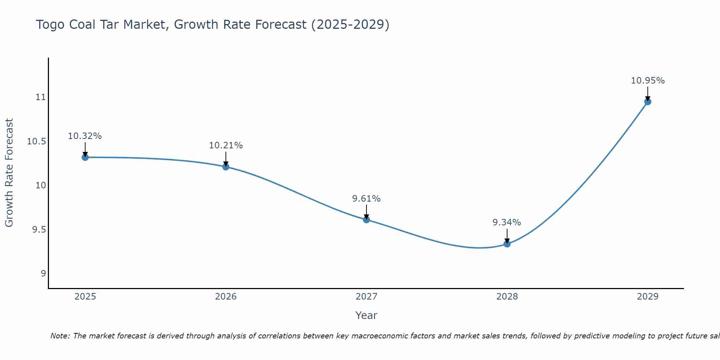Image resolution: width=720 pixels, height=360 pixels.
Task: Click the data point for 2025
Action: point(85,157)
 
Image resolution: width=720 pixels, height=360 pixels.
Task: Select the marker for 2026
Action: point(226,167)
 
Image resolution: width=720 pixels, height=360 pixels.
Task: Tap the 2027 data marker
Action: point(366,220)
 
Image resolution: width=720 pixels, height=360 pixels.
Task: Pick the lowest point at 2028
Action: point(507,244)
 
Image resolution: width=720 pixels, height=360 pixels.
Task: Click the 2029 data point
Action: point(648,102)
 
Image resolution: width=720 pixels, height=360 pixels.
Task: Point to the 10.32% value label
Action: point(85,136)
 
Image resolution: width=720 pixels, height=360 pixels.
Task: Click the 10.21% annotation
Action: point(226,145)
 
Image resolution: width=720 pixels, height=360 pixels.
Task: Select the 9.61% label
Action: point(366,199)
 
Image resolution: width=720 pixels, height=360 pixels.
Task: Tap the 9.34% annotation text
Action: point(507,222)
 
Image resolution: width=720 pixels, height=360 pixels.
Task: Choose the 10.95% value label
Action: point(648,81)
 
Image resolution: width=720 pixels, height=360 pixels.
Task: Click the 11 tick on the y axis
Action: point(41,97)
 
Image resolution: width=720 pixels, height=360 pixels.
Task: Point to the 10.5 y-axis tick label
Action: point(37,141)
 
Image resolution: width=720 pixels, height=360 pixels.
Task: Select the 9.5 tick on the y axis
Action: point(39,230)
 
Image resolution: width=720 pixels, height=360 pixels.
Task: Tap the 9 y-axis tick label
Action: point(43,274)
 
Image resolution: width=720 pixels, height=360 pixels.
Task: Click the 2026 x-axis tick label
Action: point(226,297)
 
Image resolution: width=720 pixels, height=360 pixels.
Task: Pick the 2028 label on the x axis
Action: point(507,297)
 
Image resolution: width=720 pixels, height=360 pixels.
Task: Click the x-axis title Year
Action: point(366,315)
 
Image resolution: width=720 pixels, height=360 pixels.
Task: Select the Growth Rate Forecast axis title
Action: point(9,173)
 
